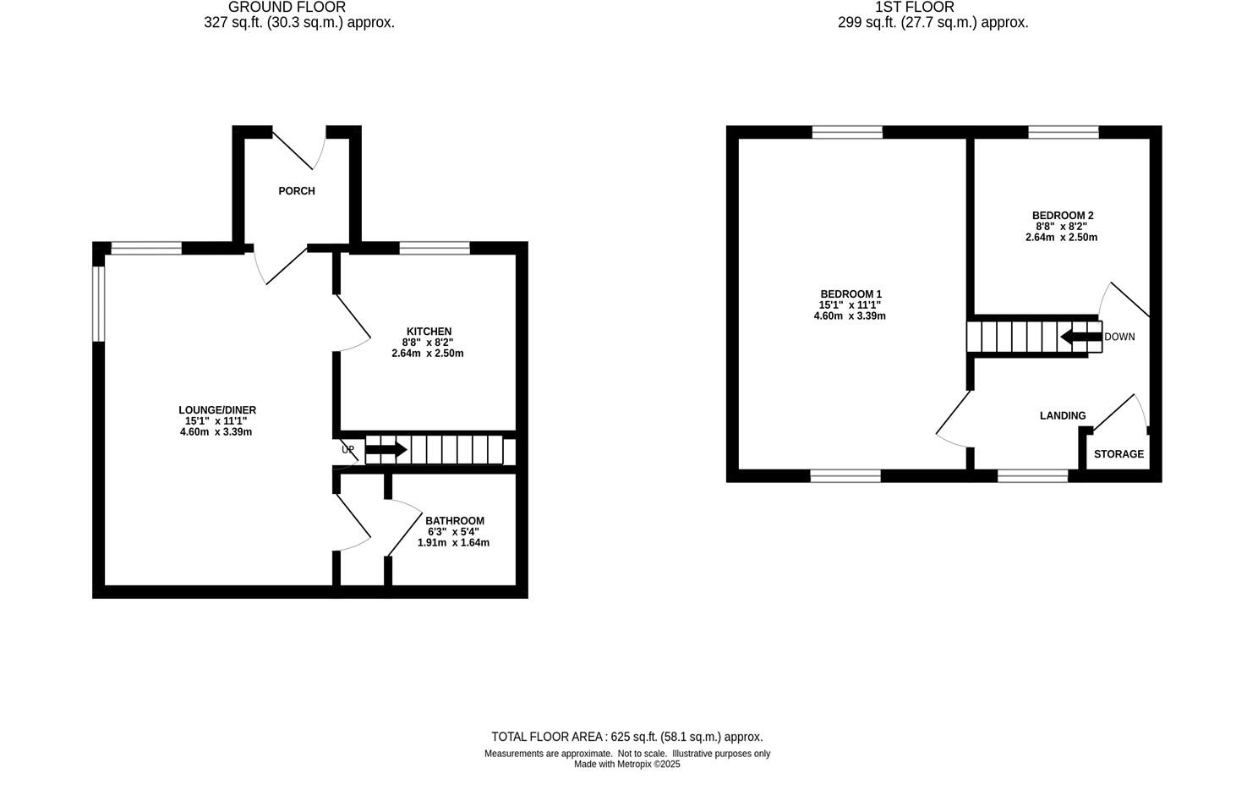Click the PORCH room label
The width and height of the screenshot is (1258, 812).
pos(297,191)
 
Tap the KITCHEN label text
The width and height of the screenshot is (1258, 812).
pos(429,332)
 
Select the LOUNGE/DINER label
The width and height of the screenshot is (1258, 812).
pos(216,410)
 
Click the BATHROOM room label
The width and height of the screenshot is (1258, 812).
pos(454,521)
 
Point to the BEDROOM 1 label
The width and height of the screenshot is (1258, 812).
pos(851,294)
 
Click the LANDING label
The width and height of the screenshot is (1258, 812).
pos(1062,416)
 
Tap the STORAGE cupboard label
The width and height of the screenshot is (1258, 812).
pos(1118,454)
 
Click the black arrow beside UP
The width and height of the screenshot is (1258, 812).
pos(386,450)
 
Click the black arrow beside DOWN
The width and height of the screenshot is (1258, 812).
pos(1081,337)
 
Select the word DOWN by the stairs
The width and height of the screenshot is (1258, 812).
pos(1119,337)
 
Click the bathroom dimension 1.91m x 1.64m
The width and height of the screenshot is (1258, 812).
pos(453,543)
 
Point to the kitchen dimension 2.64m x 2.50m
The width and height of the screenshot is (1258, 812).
pos(428,354)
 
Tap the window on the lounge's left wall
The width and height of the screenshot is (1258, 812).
pos(98,304)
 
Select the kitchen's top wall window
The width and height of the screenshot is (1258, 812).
pos(434,248)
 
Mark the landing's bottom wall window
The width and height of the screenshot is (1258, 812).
pos(1031,476)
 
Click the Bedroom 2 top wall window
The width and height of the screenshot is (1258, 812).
pos(1063,132)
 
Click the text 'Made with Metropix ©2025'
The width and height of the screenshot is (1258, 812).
pos(626,765)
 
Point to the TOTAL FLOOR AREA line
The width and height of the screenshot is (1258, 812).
pos(626,737)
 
